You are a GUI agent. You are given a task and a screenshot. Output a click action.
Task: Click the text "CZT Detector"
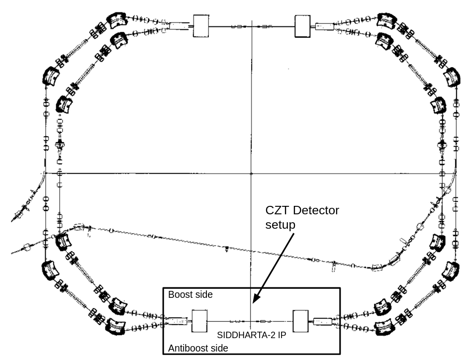click(302, 210)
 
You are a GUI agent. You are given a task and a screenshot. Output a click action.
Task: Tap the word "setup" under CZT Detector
click(280, 225)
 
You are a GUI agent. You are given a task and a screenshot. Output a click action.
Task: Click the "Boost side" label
click(190, 295)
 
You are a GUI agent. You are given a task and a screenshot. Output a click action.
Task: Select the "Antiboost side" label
click(198, 348)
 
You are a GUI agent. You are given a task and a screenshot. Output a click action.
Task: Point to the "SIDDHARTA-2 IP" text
click(252, 335)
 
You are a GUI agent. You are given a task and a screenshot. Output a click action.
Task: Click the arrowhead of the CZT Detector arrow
click(254, 300)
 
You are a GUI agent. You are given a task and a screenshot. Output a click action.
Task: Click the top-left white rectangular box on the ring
click(201, 25)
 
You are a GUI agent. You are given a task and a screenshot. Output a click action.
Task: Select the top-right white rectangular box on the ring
click(302, 26)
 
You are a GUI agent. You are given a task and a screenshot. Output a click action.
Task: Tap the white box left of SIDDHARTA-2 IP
click(199, 321)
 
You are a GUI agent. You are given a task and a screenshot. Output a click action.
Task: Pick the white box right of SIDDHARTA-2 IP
click(301, 321)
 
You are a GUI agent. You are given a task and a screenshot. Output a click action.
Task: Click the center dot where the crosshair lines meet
click(251, 174)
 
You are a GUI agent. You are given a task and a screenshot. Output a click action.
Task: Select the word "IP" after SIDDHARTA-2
click(282, 335)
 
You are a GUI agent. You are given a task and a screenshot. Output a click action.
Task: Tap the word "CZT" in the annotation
click(276, 210)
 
